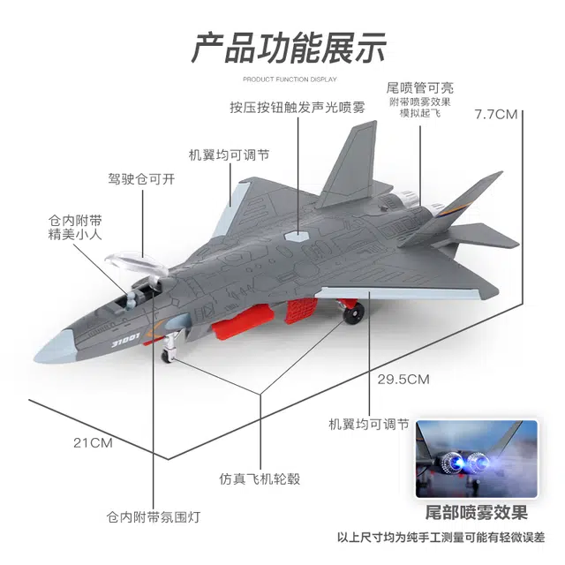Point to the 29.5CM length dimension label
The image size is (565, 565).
[x=403, y=380]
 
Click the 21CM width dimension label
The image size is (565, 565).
[x=93, y=442]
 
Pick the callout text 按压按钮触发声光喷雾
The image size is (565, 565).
[x=297, y=107]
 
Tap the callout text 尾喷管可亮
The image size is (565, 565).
[x=421, y=87]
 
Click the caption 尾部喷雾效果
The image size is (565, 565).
[x=477, y=513]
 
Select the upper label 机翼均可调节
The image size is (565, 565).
[x=229, y=154]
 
